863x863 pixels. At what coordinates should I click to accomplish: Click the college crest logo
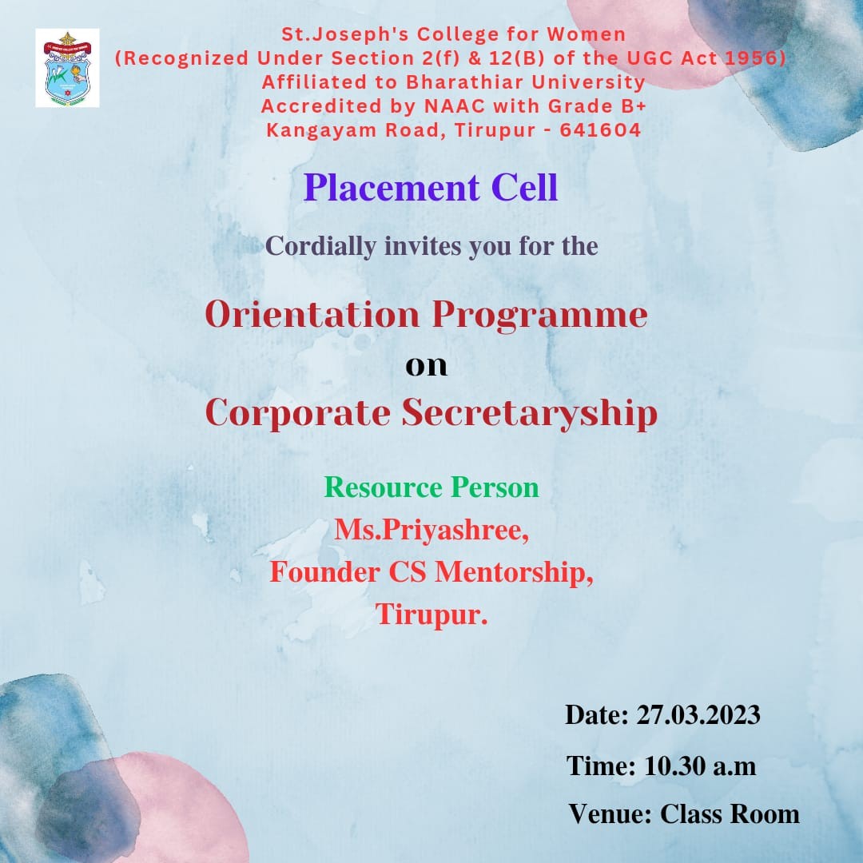[x=67, y=68]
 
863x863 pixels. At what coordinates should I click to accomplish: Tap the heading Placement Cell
[x=431, y=188]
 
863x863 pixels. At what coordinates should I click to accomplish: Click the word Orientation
[x=312, y=315]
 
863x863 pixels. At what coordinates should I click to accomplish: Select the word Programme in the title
[x=539, y=316]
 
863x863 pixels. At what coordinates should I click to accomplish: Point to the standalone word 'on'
[x=427, y=366]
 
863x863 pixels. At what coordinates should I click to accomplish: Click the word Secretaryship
[x=530, y=414]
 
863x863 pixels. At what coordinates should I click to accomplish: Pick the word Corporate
[x=298, y=414]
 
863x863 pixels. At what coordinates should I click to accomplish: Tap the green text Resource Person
[x=431, y=487]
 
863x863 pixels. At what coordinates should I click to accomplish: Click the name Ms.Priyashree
[x=431, y=531]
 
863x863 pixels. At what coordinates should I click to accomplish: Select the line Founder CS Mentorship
[x=431, y=572]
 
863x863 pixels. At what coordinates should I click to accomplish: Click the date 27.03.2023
[x=698, y=715]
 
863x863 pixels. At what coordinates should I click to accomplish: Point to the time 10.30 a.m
[x=699, y=766]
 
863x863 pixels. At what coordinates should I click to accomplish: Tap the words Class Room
[x=730, y=814]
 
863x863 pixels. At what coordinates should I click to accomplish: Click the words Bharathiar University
[x=526, y=82]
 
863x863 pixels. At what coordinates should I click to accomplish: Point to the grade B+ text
[x=634, y=105]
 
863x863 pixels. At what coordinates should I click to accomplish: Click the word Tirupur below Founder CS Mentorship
[x=431, y=614]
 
